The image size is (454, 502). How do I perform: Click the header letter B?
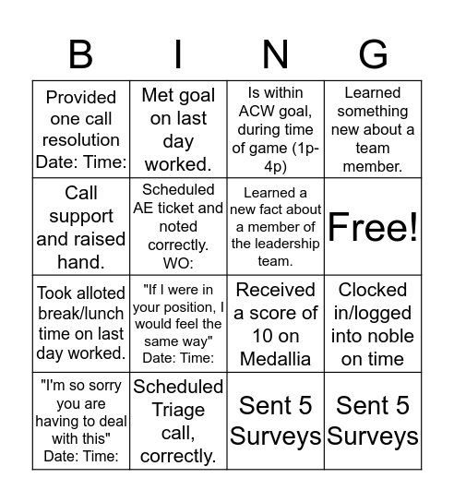pyautogui.click(x=81, y=54)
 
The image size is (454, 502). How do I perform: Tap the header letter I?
pyautogui.click(x=178, y=54)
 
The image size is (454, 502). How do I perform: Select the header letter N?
pyautogui.click(x=275, y=54)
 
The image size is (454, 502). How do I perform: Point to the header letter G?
pyautogui.click(x=372, y=54)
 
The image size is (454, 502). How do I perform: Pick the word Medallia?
pyautogui.click(x=275, y=359)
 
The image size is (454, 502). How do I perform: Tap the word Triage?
pyautogui.click(x=178, y=410)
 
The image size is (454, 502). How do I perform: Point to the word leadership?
pyautogui.click(x=275, y=244)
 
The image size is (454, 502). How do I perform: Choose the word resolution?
pyautogui.click(x=81, y=139)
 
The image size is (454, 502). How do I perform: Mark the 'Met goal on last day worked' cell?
pyautogui.click(x=178, y=128)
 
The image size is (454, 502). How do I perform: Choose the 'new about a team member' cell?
pyautogui.click(x=373, y=128)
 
